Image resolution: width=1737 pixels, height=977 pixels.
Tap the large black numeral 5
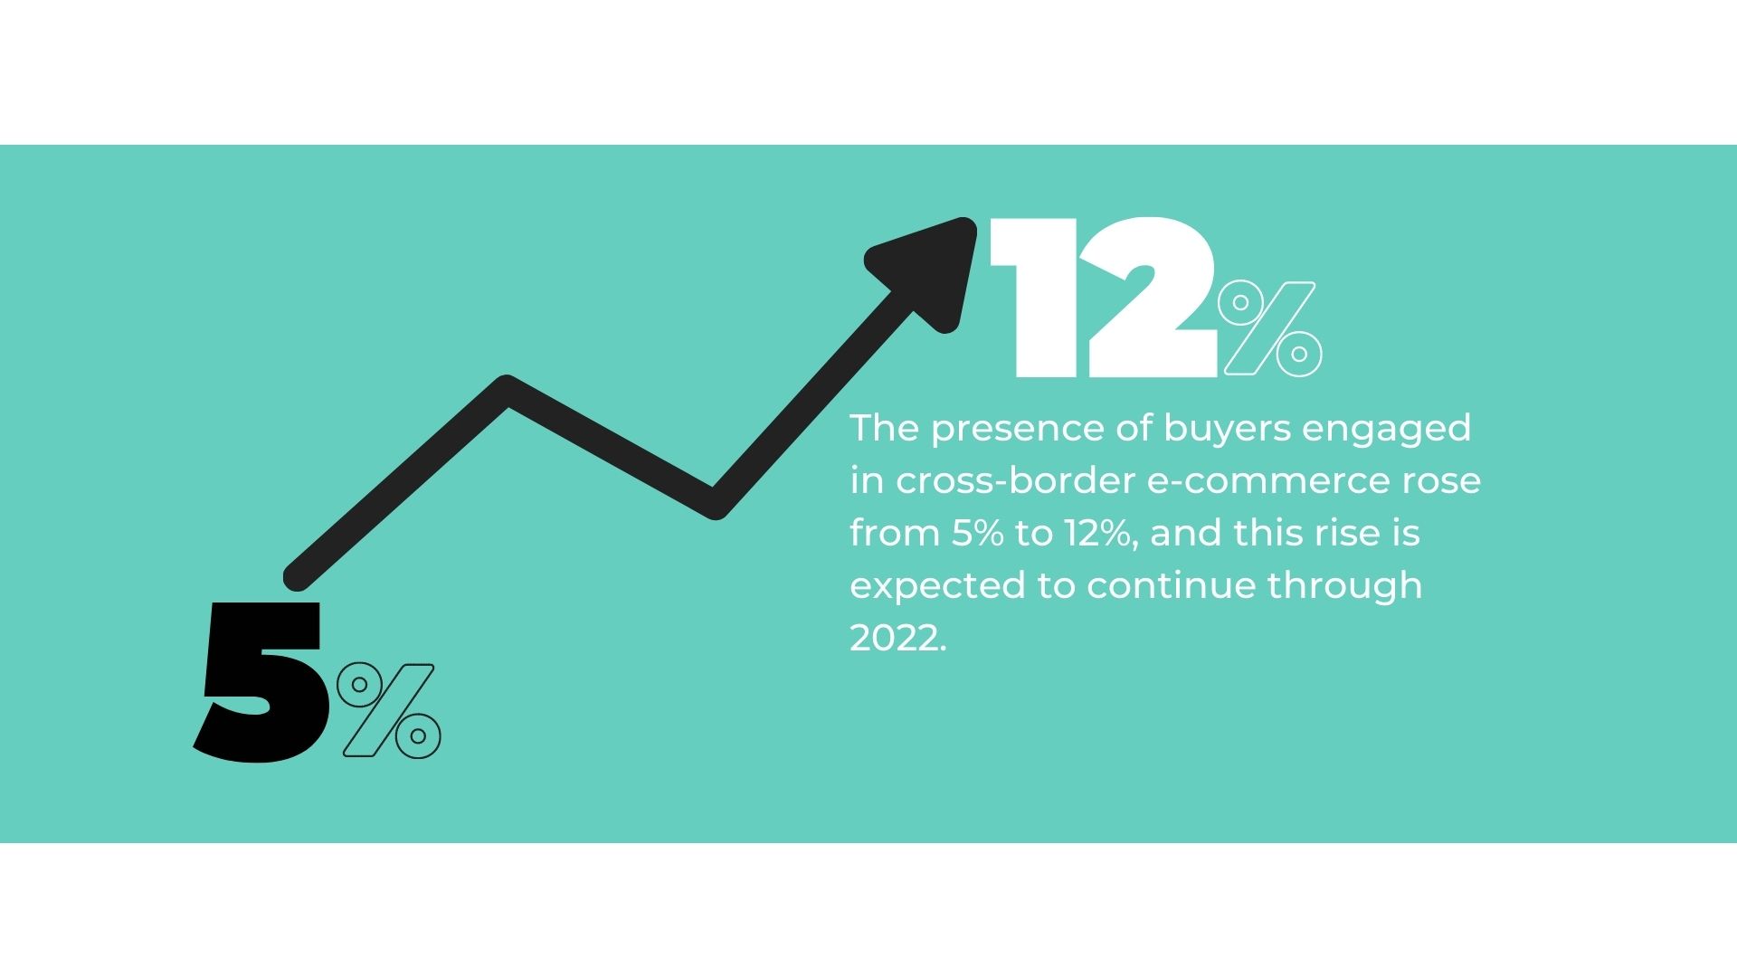point(258,680)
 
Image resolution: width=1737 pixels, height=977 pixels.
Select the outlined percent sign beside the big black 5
point(389,710)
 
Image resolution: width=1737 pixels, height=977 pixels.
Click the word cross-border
point(1016,480)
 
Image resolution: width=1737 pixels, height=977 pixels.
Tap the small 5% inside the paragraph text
point(977,535)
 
